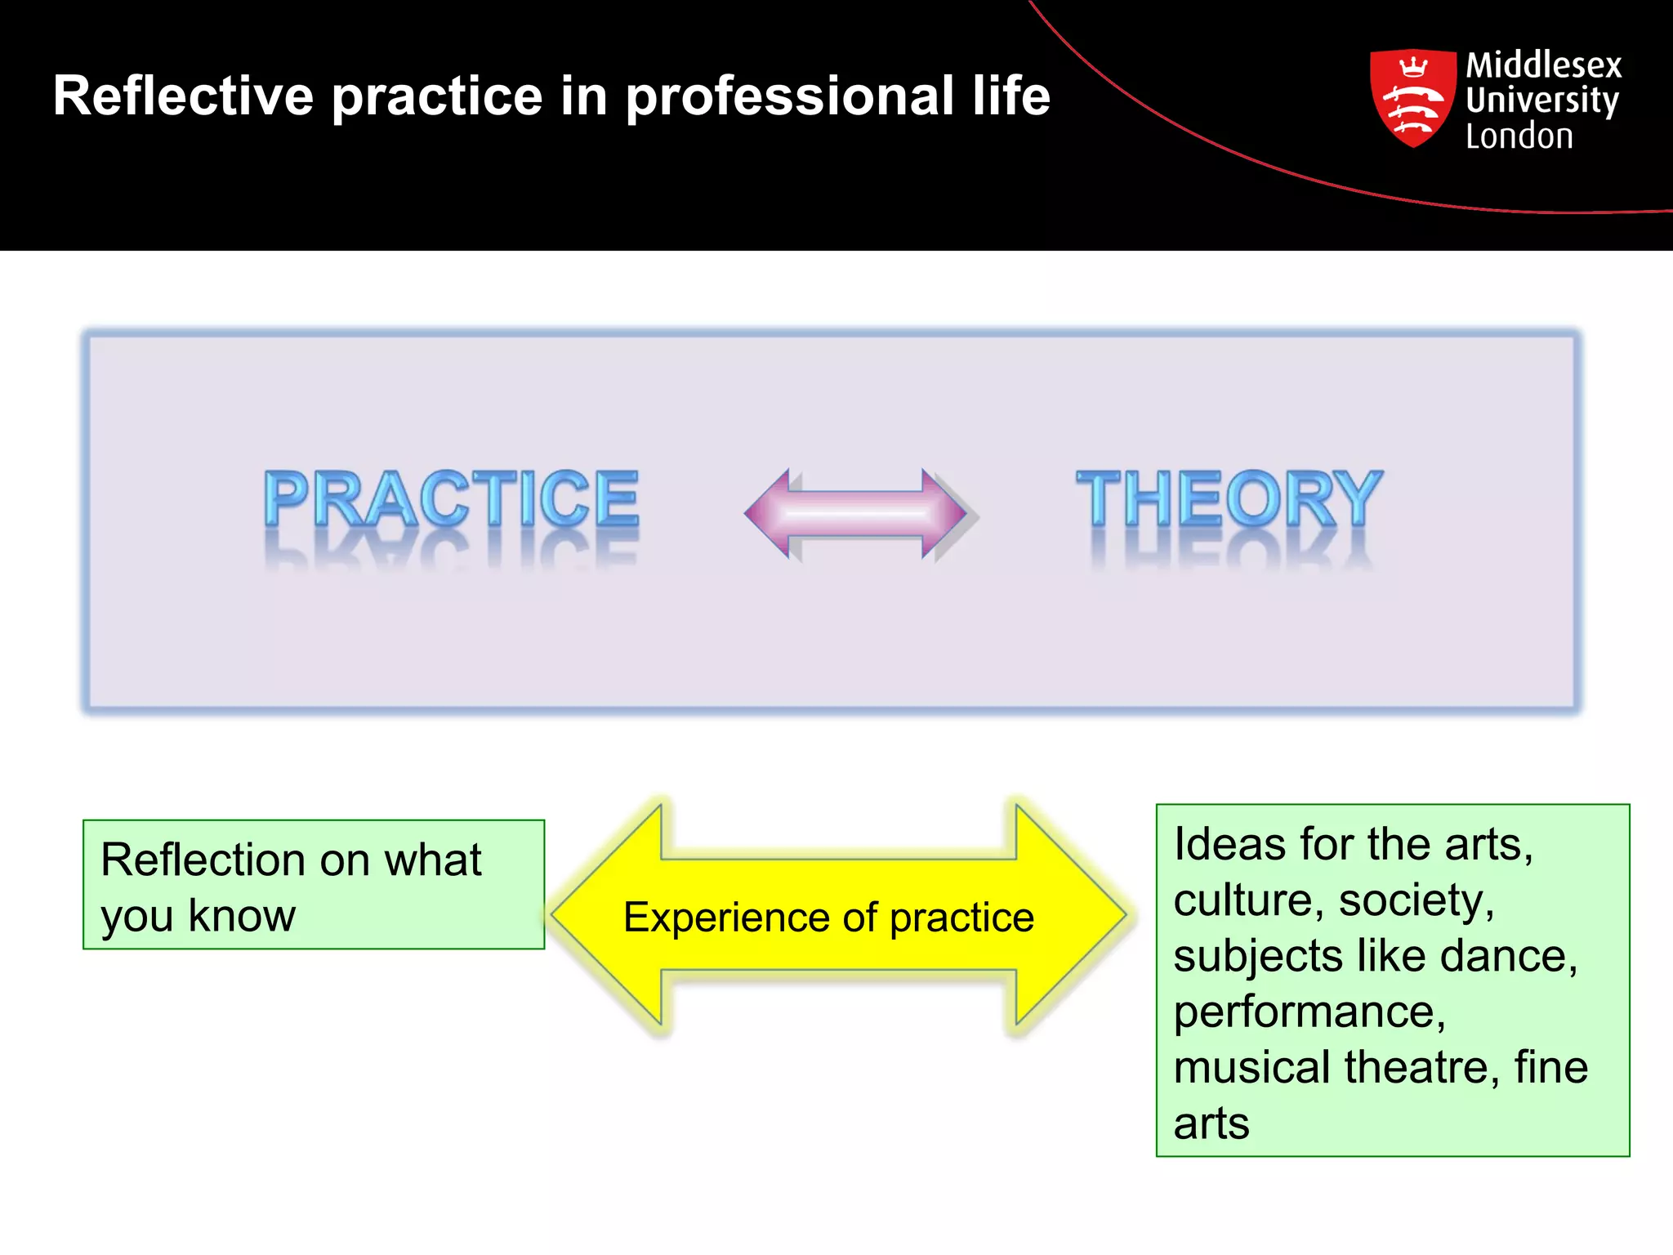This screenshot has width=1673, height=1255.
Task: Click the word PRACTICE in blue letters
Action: (x=451, y=498)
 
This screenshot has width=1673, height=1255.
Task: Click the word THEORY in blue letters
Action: (x=1229, y=498)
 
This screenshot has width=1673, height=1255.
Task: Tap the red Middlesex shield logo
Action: (x=1413, y=98)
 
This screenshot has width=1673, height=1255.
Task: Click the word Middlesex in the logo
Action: (x=1544, y=65)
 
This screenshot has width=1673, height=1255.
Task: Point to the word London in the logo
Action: (x=1519, y=136)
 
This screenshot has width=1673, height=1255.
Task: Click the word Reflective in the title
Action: (x=183, y=96)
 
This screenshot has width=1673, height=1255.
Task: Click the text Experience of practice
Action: (x=828, y=917)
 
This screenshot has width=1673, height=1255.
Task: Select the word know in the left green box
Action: (x=242, y=915)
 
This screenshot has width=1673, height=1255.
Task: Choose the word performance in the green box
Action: (x=1309, y=1013)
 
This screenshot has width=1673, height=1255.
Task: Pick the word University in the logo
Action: (x=1542, y=100)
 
